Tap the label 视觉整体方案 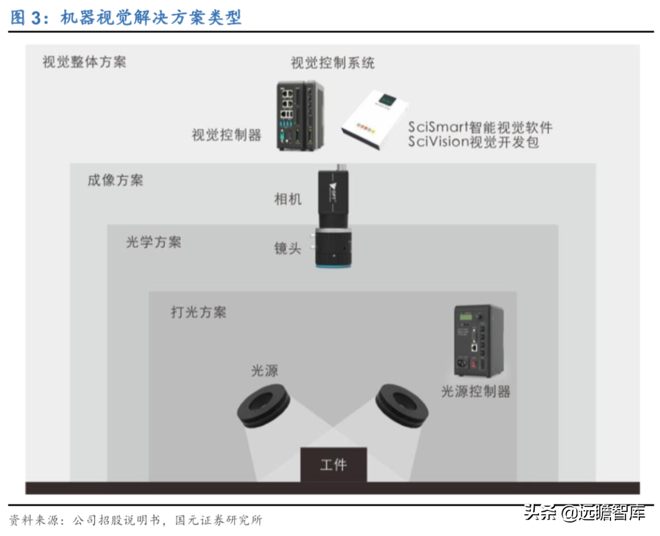pyautogui.click(x=84, y=62)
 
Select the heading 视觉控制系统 pyautogui.click(x=332, y=62)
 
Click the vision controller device pyautogui.click(x=298, y=116)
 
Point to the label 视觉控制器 pyautogui.click(x=227, y=135)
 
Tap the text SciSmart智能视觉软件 pyautogui.click(x=480, y=127)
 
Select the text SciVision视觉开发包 pyautogui.click(x=474, y=142)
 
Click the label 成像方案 pyautogui.click(x=116, y=180)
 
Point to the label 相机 pyautogui.click(x=288, y=199)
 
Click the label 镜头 pyautogui.click(x=288, y=248)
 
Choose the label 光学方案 pyautogui.click(x=153, y=242)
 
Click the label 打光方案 pyautogui.click(x=198, y=312)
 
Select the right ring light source pyautogui.click(x=401, y=405)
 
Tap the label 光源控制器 pyautogui.click(x=475, y=392)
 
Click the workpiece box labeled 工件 pyautogui.click(x=333, y=465)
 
